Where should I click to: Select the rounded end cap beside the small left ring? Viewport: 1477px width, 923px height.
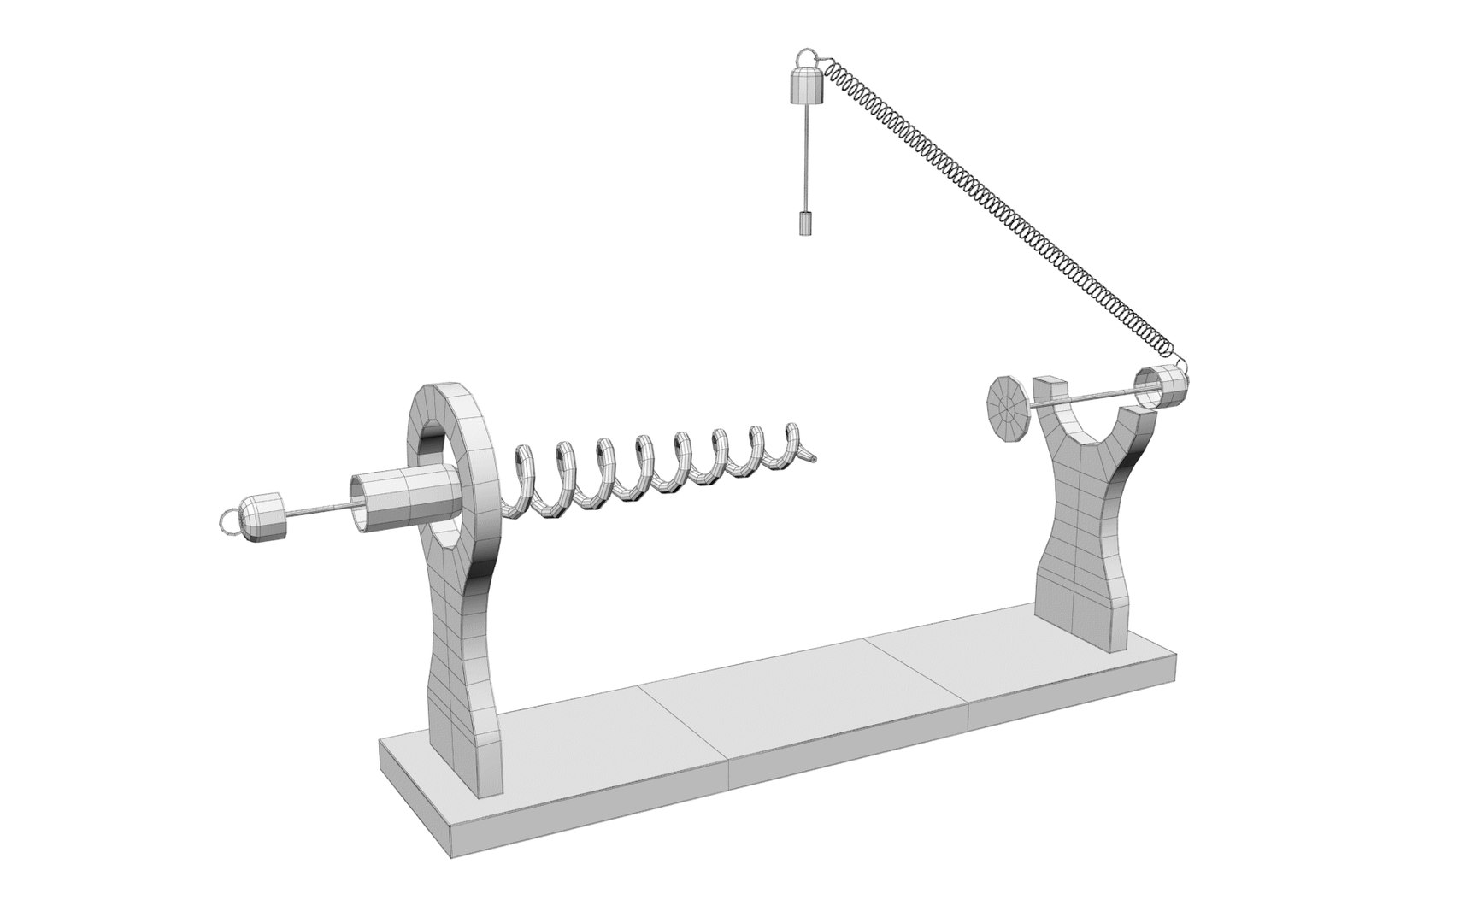coord(262,518)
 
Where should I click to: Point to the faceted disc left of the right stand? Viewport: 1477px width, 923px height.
coord(1009,410)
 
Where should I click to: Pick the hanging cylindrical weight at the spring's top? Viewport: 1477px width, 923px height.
coord(806,88)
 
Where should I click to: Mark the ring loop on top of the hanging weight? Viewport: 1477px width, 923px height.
coord(804,60)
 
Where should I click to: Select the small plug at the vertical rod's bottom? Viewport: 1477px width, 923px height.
coord(806,224)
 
